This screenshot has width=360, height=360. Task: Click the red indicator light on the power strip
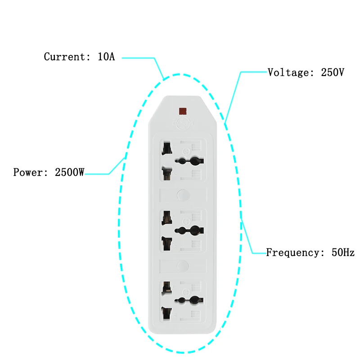pos(183,111)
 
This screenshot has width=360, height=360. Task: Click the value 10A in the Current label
pos(106,57)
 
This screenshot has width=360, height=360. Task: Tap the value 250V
pos(333,72)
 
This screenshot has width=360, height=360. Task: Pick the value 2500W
pos(69,172)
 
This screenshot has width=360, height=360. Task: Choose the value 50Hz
pos(343,252)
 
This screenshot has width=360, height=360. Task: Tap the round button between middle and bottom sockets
pos(183,266)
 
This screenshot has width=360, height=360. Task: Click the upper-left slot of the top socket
pos(167,148)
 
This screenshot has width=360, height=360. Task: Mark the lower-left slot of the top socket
pos(167,174)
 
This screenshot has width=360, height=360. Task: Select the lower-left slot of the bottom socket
pos(167,313)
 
